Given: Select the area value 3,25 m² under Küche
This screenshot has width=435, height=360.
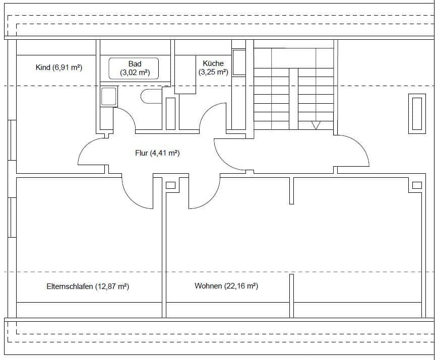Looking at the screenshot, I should click(213, 73).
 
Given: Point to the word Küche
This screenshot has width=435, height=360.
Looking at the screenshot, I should click(213, 63).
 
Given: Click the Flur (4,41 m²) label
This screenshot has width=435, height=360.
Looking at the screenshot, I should click(157, 153).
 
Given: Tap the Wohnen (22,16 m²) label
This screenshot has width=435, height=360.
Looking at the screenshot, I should click(226, 286).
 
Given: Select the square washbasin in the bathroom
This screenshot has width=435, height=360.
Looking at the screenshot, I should click(109, 97).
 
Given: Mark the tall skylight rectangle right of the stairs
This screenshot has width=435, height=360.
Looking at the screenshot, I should click(416, 114).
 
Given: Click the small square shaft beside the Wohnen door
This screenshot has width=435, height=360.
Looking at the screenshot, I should click(170, 185).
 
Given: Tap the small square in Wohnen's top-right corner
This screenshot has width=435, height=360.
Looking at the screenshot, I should click(416, 185).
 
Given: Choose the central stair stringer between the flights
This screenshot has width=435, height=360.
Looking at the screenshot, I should click(293, 99).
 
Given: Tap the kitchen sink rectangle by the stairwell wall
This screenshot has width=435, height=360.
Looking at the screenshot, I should click(238, 62).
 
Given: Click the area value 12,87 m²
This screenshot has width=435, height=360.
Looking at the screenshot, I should click(112, 286).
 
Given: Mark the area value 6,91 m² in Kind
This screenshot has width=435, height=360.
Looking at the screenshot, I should click(67, 67).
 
